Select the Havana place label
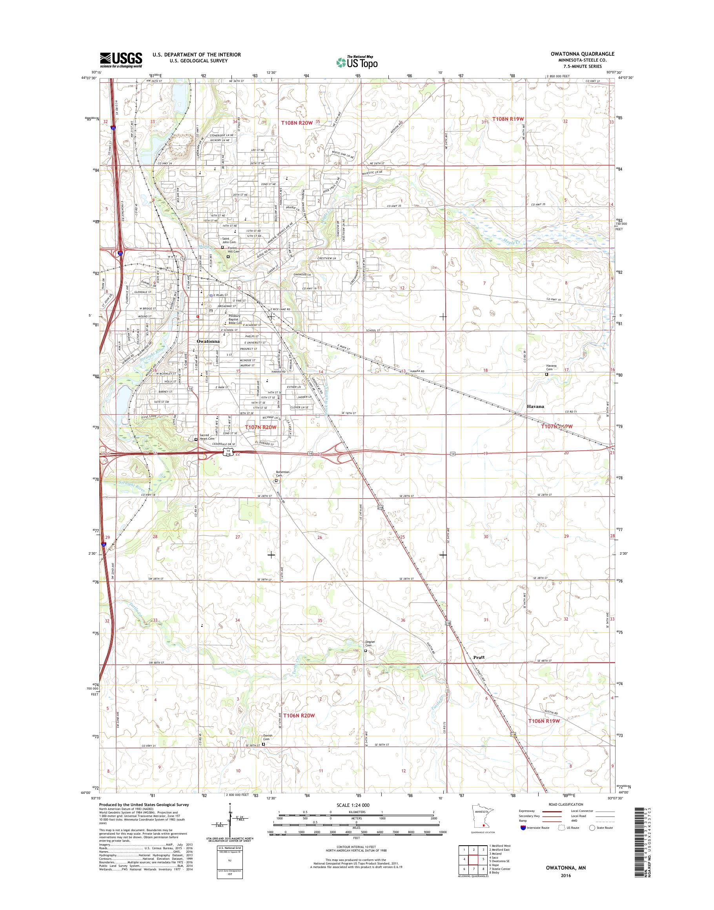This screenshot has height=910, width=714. point(535,406)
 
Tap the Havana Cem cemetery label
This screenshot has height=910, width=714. point(552,368)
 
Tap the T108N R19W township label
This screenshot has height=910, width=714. point(508,119)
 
